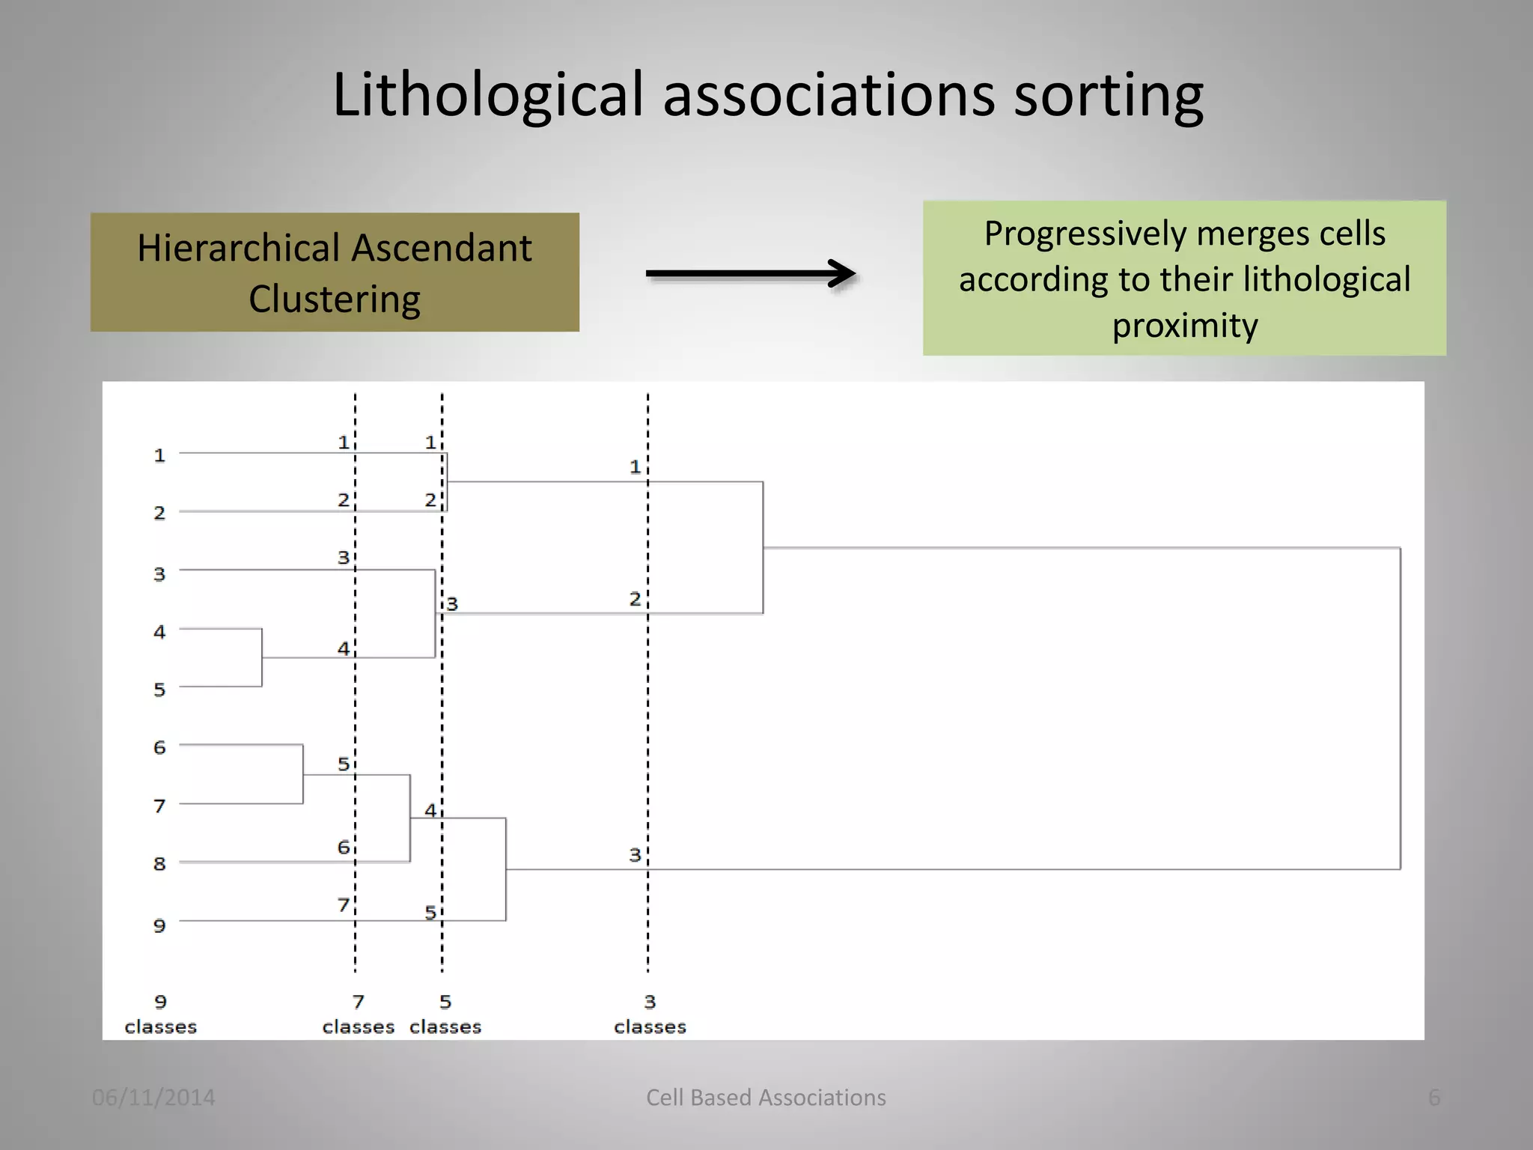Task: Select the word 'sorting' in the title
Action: pyautogui.click(x=1108, y=96)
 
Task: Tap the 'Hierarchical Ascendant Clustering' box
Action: pyautogui.click(x=335, y=273)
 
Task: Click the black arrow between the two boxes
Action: pyautogui.click(x=751, y=274)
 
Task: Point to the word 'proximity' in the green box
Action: pyautogui.click(x=1184, y=326)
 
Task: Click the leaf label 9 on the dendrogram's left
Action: pyautogui.click(x=159, y=926)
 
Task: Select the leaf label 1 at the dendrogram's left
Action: pyautogui.click(x=159, y=455)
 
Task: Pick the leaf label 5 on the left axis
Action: pyautogui.click(x=159, y=690)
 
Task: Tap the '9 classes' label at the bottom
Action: pyautogui.click(x=160, y=1014)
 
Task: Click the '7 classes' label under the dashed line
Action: pyautogui.click(x=358, y=1014)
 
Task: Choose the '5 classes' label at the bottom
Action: pyautogui.click(x=445, y=1014)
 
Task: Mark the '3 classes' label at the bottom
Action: pyautogui.click(x=650, y=1014)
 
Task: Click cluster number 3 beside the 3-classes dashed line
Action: pyautogui.click(x=635, y=855)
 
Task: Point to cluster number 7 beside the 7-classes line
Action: pyautogui.click(x=343, y=905)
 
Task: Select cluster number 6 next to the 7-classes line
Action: pyautogui.click(x=343, y=848)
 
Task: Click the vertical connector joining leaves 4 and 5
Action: pyautogui.click(x=262, y=657)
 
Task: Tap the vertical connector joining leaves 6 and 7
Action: pyautogui.click(x=303, y=774)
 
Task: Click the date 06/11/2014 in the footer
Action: pyautogui.click(x=153, y=1098)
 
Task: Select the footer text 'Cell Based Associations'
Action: pyautogui.click(x=766, y=1098)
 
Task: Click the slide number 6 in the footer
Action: pyautogui.click(x=1434, y=1098)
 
